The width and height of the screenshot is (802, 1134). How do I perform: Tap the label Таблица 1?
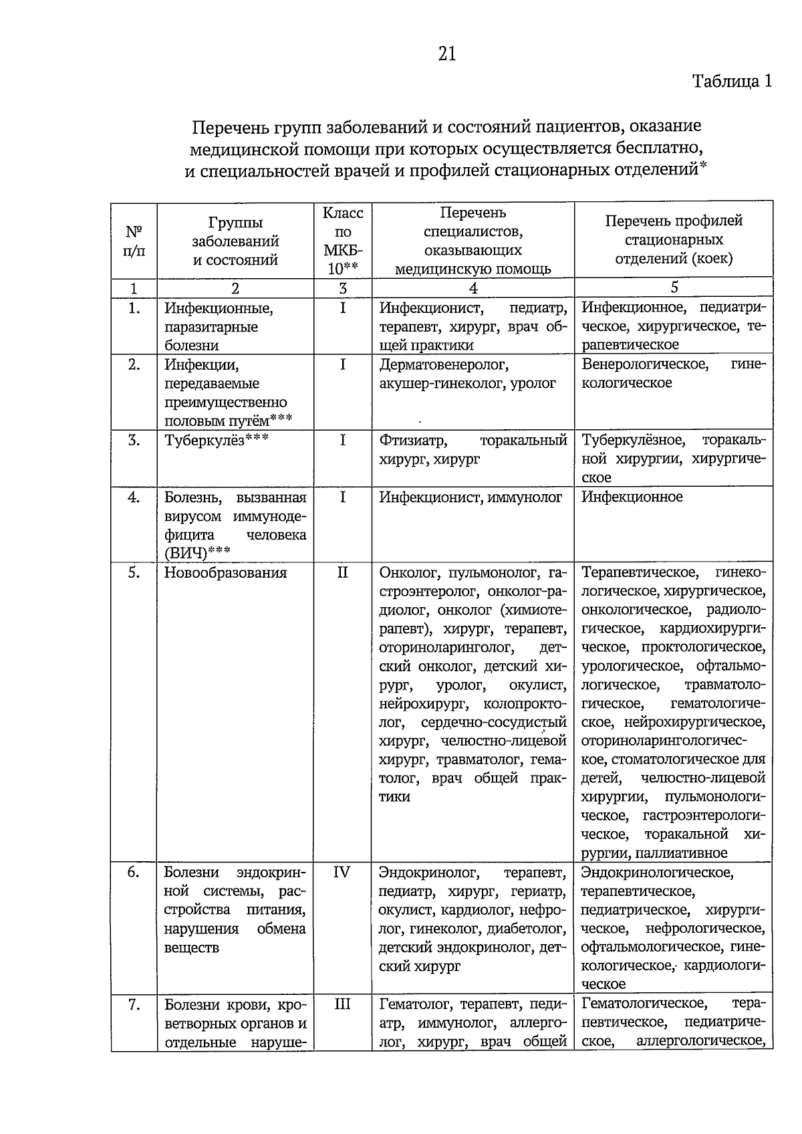732,82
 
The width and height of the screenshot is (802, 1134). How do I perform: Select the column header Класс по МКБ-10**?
343,241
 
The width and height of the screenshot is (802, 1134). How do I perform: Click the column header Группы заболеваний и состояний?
235,241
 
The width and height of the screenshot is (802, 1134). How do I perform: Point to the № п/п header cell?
134,241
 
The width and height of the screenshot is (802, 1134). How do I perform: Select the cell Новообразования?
225,573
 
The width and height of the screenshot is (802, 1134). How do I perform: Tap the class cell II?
343,573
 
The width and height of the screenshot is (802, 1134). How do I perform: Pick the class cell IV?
342,873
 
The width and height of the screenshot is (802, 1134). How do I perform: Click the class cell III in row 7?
342,1004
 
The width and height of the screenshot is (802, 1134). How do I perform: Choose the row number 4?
134,497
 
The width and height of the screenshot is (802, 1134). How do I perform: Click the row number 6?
134,873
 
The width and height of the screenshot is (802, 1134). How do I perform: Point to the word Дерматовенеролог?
444,365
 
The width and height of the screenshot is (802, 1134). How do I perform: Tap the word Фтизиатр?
413,441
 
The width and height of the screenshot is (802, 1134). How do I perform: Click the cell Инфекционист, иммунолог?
471,497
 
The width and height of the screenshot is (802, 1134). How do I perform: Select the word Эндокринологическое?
657,873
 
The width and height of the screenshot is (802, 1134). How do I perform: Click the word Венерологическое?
644,365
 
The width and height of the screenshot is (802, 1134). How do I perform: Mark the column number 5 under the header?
674,288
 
